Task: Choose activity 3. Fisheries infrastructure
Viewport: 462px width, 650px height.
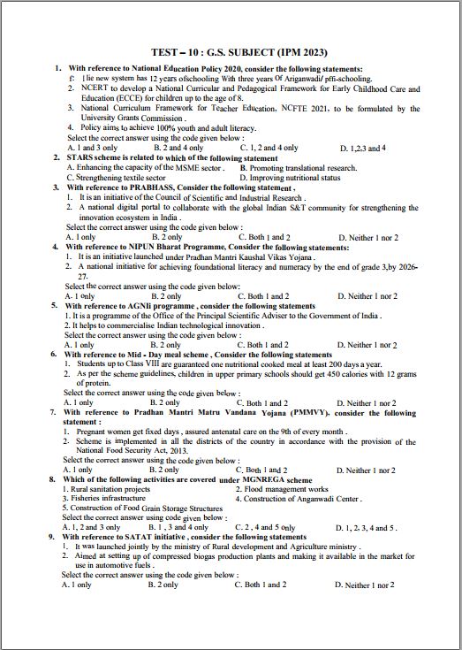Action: (x=102, y=499)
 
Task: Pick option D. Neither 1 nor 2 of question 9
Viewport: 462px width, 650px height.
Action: (x=370, y=585)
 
